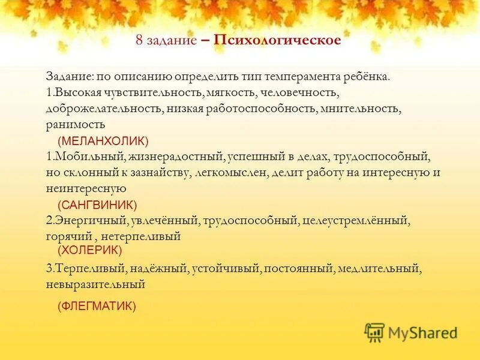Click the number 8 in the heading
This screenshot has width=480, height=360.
tap(139, 40)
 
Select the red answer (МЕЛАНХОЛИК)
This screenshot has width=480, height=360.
tap(103, 141)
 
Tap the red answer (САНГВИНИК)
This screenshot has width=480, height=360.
tap(97, 205)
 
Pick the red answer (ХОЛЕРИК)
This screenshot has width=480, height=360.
tap(89, 249)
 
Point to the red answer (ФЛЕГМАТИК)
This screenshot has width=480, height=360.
tap(97, 306)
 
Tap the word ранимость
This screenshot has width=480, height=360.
tap(76, 125)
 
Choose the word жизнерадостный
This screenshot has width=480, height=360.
tap(175, 157)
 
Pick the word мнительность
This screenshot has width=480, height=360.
tap(360, 109)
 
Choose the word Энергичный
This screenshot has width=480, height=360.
tap(83, 220)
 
